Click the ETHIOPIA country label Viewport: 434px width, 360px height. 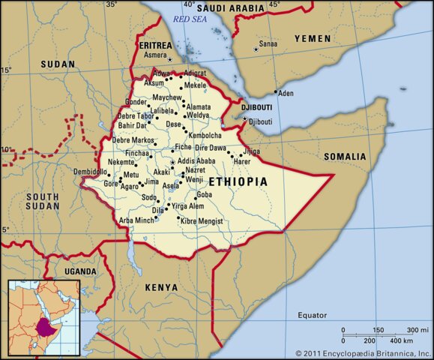[238, 182]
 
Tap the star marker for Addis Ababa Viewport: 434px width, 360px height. [173, 163]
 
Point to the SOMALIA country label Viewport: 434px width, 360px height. [345, 157]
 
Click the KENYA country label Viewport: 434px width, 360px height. [162, 287]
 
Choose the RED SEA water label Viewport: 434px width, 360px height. [190, 19]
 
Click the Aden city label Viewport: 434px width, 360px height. [286, 93]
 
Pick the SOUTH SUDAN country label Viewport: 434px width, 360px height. [41, 201]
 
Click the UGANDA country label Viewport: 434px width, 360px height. [80, 271]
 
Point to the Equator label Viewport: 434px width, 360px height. [312, 314]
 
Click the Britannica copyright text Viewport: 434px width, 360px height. [363, 352]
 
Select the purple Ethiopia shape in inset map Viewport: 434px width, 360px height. [47, 326]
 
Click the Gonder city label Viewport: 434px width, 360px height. [136, 101]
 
